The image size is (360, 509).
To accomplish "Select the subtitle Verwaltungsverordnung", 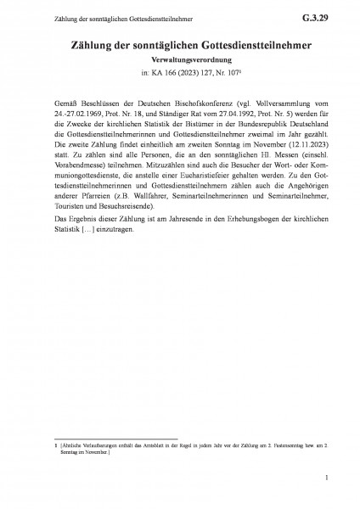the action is point(179,61).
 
